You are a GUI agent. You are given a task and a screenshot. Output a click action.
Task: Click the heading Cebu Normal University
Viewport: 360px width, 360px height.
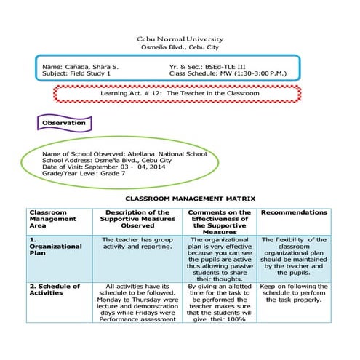coord(180,39)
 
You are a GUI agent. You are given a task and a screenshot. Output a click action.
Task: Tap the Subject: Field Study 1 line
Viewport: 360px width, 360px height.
coord(76,73)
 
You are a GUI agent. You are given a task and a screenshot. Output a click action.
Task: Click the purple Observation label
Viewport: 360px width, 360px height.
coord(64,123)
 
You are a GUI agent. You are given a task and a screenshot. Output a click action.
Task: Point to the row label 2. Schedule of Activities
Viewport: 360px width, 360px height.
coord(54,289)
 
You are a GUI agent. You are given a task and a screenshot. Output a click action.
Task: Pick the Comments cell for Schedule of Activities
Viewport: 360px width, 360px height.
coord(217,301)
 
